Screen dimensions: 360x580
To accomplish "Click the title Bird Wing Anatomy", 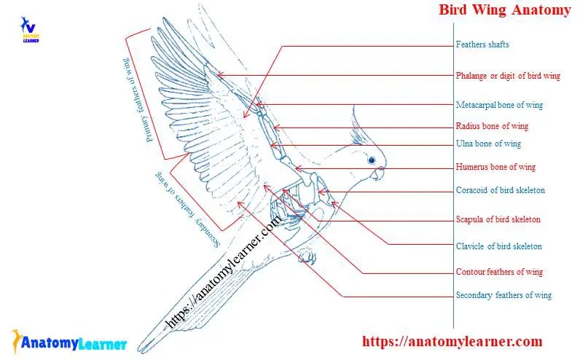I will point(504,10).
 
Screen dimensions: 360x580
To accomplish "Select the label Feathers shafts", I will point(482,44).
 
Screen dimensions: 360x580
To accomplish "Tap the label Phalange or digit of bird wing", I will point(508,76).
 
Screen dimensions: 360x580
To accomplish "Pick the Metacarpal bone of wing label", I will point(499,105).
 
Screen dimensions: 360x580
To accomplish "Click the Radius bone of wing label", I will point(492,126).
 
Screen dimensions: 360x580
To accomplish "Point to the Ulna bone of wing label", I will point(488,144).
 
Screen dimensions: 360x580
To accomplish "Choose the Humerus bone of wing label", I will point(495,167).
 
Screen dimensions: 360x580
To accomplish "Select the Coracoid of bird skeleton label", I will point(500,190).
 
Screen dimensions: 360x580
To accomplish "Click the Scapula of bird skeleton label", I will point(498,219).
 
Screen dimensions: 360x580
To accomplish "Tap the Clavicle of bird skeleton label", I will point(498,246).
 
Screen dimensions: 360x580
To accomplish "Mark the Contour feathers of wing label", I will point(499,272).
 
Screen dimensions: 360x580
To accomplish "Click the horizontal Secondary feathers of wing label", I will point(503,295).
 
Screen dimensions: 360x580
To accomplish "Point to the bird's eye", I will point(373,160).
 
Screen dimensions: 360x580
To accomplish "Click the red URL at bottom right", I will point(452,341).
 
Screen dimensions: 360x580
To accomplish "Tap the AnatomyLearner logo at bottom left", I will point(69,342).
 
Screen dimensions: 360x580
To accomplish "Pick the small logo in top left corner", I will point(30,30).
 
